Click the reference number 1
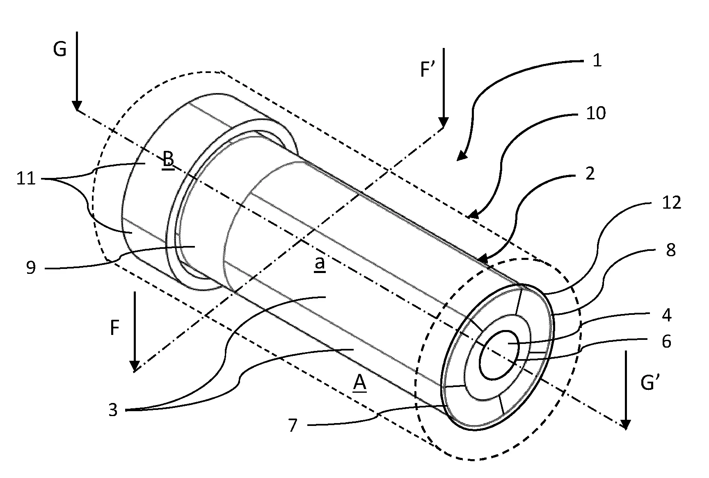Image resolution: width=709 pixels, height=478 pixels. pyautogui.click(x=597, y=61)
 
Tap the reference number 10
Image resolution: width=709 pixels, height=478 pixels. pyautogui.click(x=596, y=113)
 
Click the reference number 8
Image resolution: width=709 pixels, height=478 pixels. pyautogui.click(x=671, y=250)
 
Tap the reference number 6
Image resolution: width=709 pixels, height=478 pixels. pyautogui.click(x=666, y=341)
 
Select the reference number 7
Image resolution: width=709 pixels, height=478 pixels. pyautogui.click(x=292, y=426)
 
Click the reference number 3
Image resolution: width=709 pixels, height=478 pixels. pyautogui.click(x=113, y=410)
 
